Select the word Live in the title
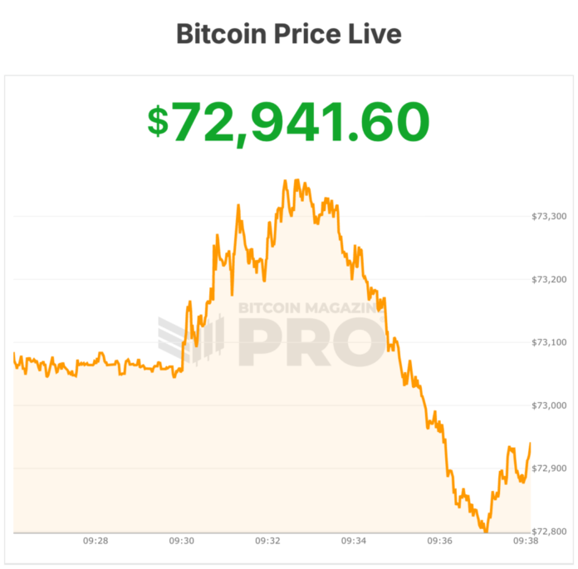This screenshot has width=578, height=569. point(375,34)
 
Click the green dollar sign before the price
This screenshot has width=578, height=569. point(158,121)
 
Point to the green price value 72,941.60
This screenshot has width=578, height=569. point(301,121)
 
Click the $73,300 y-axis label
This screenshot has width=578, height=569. point(548,216)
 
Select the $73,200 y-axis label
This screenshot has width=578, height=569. point(548,279)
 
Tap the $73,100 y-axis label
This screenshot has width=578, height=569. point(548,342)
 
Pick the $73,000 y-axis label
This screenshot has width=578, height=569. point(548,405)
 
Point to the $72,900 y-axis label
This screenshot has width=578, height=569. point(548,468)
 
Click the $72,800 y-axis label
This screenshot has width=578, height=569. point(548,532)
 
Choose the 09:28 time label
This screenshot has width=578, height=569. point(96,541)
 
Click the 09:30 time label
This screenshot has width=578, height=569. point(182,541)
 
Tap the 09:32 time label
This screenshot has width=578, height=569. point(267,541)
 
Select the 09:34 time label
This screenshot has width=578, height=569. point(354,541)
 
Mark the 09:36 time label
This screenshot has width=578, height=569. point(439,541)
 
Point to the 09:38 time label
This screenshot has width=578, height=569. point(525,541)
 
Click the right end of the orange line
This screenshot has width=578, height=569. point(531,444)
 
